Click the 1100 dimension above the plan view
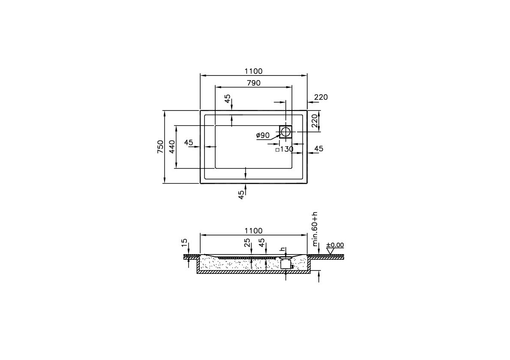253,71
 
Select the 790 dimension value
253,83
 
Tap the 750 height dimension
160,147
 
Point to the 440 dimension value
171,147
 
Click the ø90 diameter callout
263,135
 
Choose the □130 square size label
284,149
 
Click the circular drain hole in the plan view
286,132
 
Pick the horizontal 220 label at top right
321,97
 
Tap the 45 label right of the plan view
319,149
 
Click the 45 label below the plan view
241,194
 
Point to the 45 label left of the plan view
189,142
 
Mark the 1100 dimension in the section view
253,231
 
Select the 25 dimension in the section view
247,243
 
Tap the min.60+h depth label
315,229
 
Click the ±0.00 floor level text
335,245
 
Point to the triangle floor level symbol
330,251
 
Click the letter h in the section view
282,249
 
